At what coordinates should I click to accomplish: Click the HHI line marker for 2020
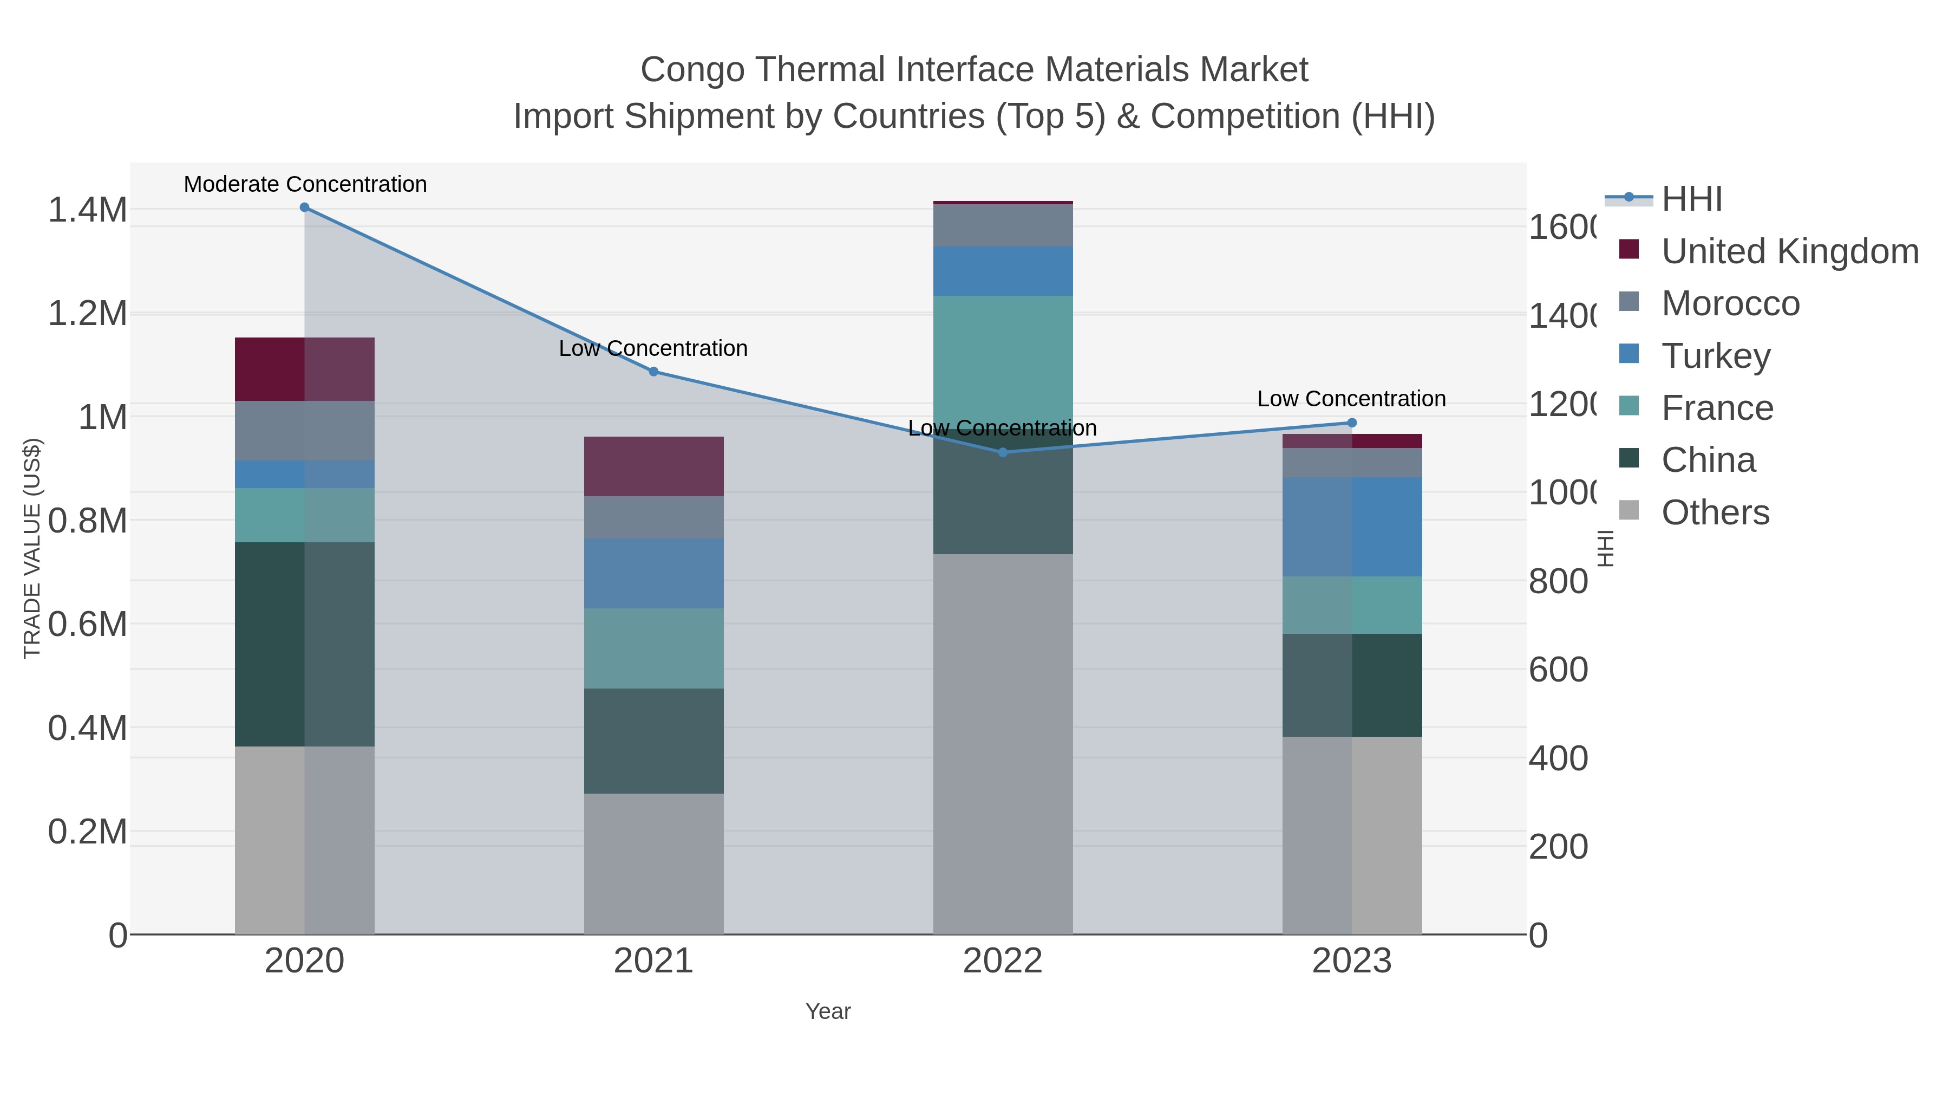tap(304, 207)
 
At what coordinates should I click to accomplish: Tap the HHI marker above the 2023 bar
tap(1352, 423)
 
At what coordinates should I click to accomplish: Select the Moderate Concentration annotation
tap(305, 185)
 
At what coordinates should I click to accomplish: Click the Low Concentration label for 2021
tap(653, 349)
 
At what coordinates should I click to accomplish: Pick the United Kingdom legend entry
tap(1789, 251)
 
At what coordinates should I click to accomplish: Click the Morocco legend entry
tap(1730, 303)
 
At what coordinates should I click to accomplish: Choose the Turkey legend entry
tap(1715, 356)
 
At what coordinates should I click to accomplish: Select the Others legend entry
tap(1715, 512)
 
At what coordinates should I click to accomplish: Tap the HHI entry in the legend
tap(1692, 199)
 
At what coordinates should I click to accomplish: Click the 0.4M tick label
tap(88, 728)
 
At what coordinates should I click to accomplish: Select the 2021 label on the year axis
tap(653, 962)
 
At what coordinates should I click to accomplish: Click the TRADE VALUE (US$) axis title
tap(32, 548)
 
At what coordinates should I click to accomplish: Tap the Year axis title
tap(828, 1011)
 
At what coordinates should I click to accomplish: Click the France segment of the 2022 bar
tap(1003, 356)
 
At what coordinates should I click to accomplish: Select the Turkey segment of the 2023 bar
tap(1352, 527)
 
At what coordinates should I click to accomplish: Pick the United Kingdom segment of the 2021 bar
tap(653, 466)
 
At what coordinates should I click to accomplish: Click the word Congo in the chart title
tap(687, 70)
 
